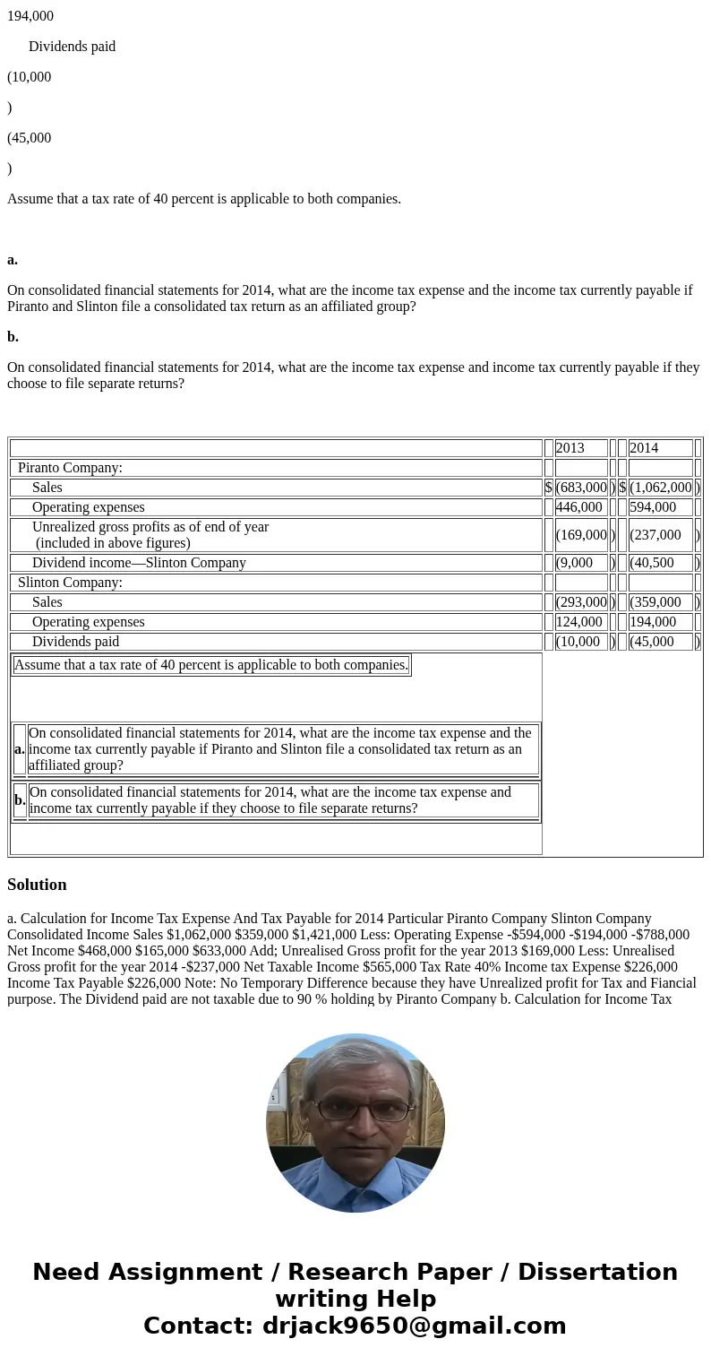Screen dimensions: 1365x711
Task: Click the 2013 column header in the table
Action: click(570, 448)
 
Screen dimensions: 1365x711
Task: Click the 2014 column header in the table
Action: click(644, 448)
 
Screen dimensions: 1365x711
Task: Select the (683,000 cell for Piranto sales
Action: click(581, 488)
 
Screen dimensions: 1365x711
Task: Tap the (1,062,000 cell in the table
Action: click(661, 488)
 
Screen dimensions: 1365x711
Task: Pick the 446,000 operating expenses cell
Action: click(579, 507)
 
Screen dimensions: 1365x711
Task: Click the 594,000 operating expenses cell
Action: click(653, 507)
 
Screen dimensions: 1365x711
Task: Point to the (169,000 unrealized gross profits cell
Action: click(581, 535)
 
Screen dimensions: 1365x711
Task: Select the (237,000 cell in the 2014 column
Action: click(655, 535)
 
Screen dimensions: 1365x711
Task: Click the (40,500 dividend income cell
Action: click(652, 563)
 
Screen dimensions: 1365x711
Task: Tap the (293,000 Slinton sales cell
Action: click(581, 602)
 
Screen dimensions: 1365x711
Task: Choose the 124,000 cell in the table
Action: click(579, 622)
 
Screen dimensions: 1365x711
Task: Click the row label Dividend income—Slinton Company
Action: click(139, 563)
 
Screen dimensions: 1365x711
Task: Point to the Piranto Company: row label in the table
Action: click(70, 468)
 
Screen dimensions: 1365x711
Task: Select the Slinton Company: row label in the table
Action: click(70, 583)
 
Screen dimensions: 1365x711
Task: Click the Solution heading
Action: click(37, 885)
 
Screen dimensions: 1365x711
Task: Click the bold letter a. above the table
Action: click(13, 260)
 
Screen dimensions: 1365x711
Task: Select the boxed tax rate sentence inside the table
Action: click(211, 665)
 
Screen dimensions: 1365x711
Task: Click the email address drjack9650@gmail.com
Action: click(414, 1326)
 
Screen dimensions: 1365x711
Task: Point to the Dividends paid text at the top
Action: click(72, 47)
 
